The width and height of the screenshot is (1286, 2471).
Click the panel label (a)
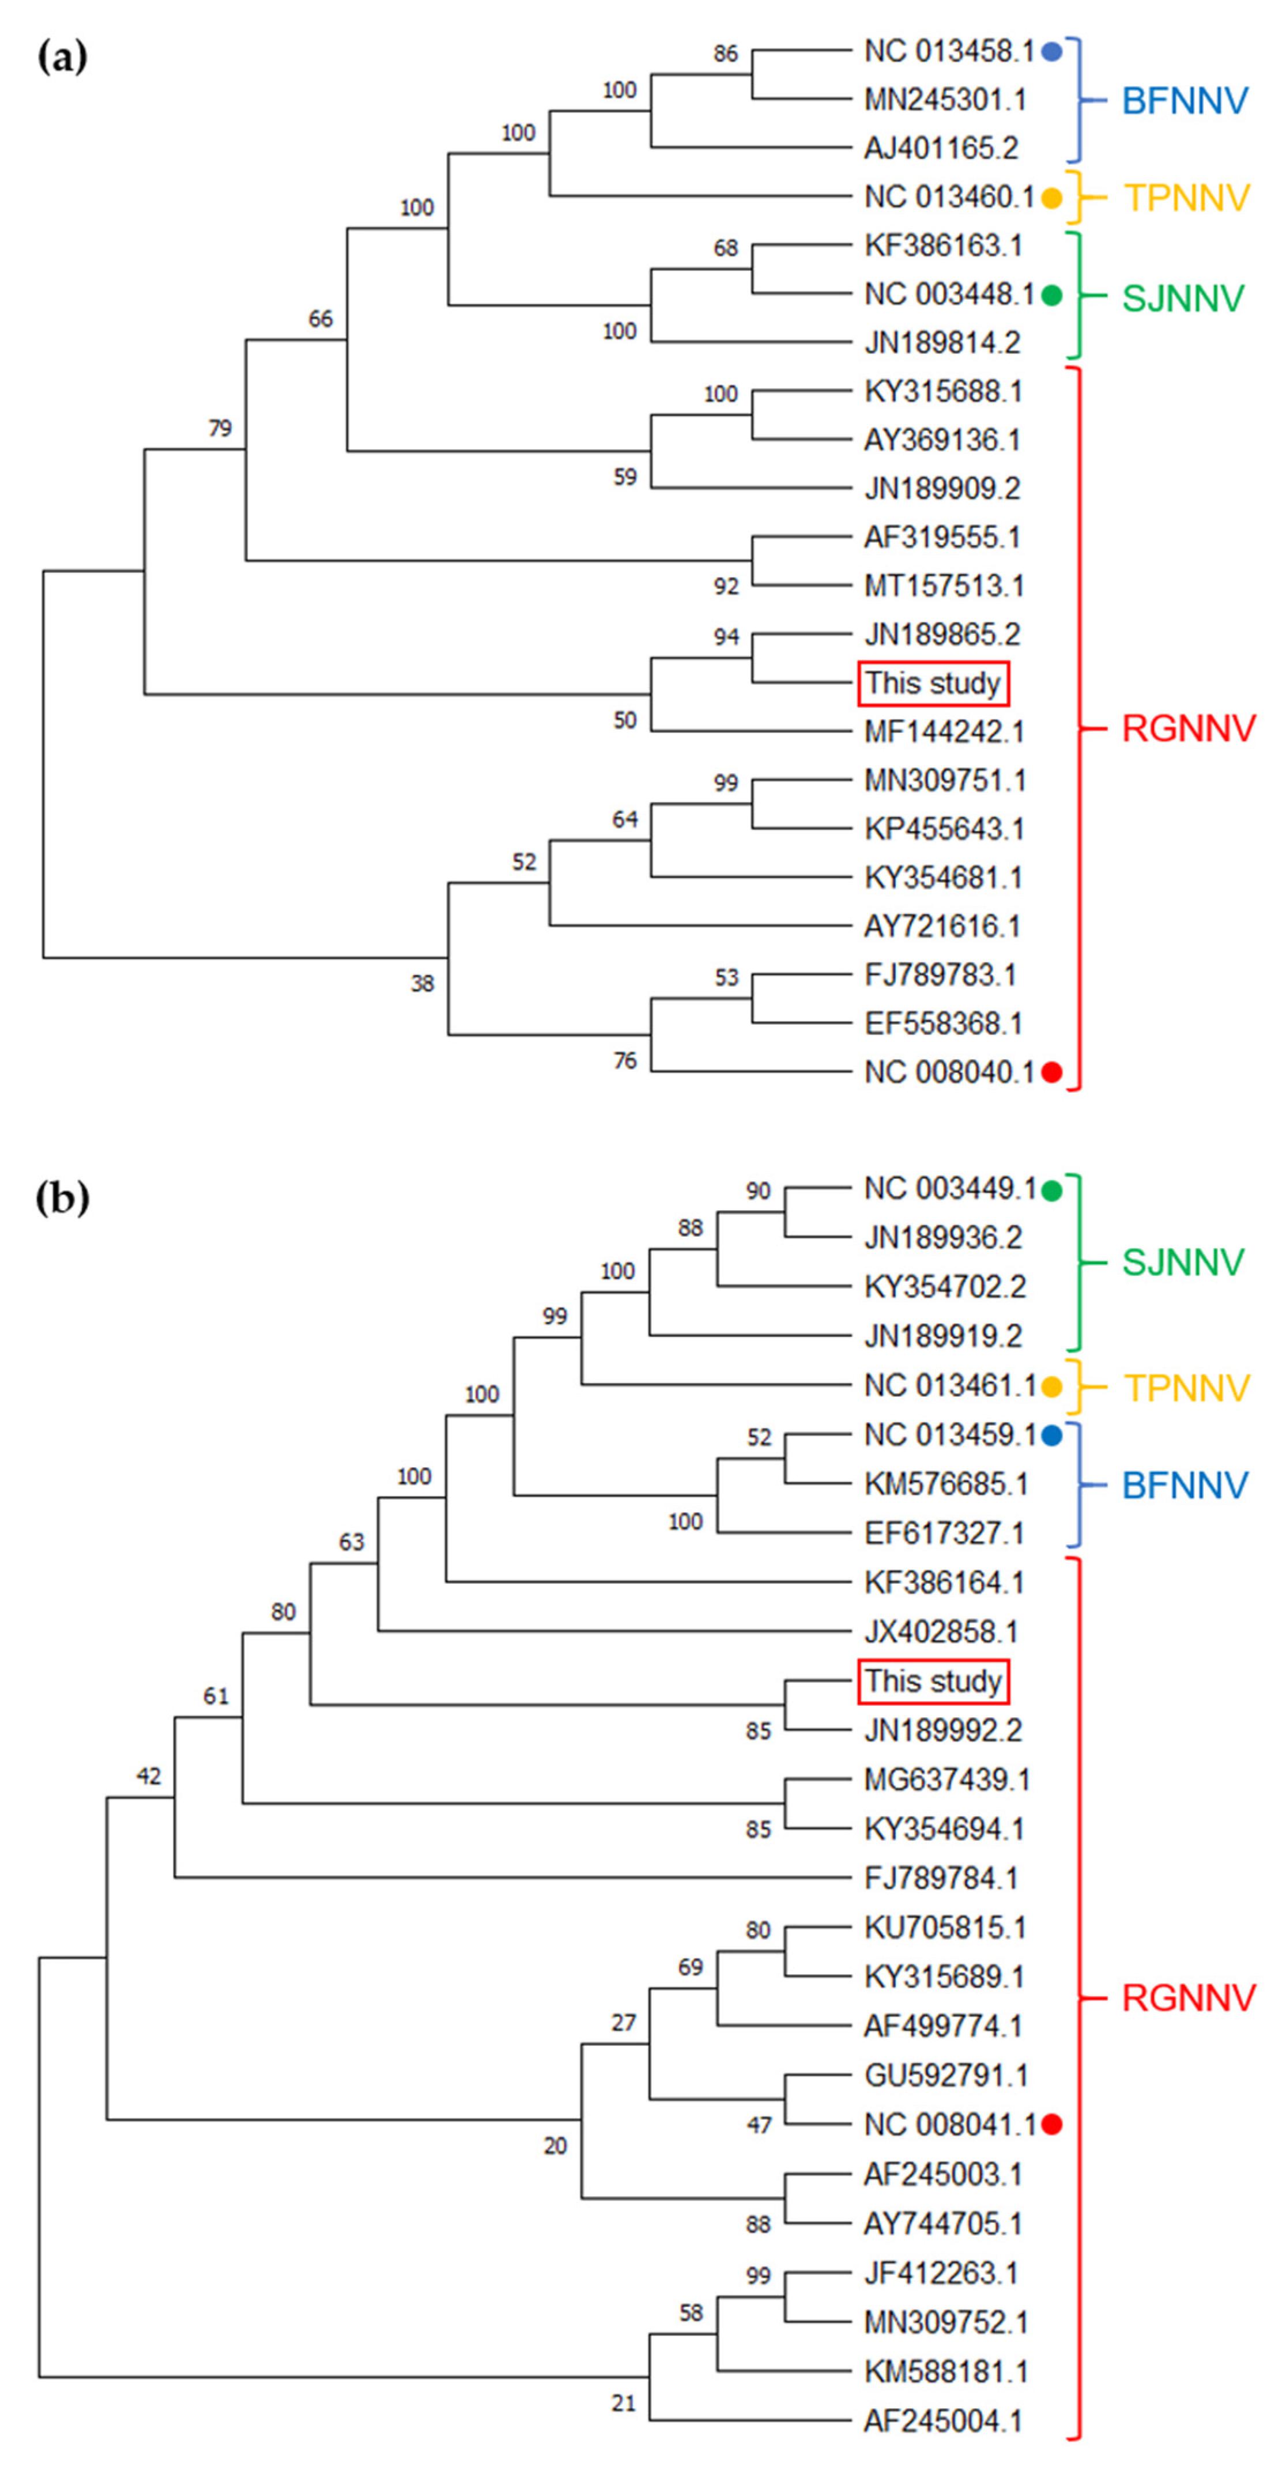coord(62,58)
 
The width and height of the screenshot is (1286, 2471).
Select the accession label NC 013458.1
coord(948,52)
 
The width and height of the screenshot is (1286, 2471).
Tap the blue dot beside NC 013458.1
coord(1052,52)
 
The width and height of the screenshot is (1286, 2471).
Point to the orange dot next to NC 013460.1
coord(1052,199)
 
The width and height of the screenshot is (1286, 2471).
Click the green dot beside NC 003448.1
coord(1052,296)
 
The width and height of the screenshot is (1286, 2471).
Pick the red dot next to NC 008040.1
coord(1052,1072)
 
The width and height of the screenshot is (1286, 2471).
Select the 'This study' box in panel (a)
coord(933,683)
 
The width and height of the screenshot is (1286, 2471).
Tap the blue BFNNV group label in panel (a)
coord(1185,101)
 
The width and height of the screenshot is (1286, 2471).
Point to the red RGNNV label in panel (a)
coord(1188,729)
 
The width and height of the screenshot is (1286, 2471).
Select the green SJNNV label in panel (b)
coord(1182,1263)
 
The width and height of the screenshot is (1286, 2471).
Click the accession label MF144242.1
coord(944,732)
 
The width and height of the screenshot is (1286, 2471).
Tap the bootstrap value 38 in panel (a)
coord(423,983)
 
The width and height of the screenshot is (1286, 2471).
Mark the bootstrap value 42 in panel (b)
coord(149,1775)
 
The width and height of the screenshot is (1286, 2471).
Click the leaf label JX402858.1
coord(941,1631)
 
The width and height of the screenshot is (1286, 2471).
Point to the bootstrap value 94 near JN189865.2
coord(726,636)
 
